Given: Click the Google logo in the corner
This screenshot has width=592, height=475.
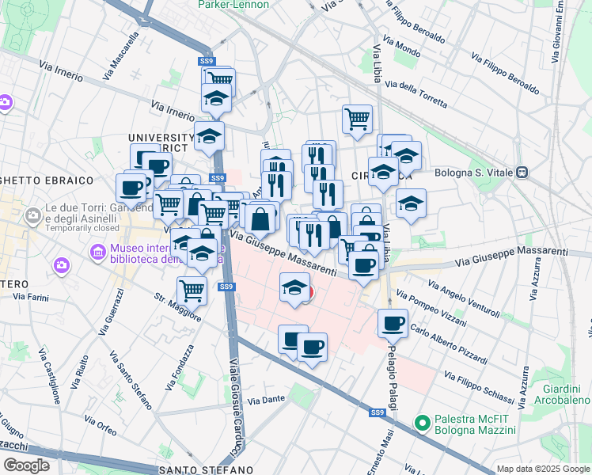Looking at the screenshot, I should click(x=27, y=465).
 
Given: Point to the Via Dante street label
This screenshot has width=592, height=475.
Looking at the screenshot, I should click(x=265, y=401).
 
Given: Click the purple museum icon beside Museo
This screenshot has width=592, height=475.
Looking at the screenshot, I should click(x=98, y=253).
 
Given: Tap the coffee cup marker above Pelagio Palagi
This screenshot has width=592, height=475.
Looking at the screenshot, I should click(x=393, y=323).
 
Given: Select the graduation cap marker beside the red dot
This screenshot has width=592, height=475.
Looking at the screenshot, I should click(x=294, y=286).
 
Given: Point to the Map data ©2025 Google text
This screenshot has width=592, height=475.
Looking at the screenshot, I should click(x=543, y=469).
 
